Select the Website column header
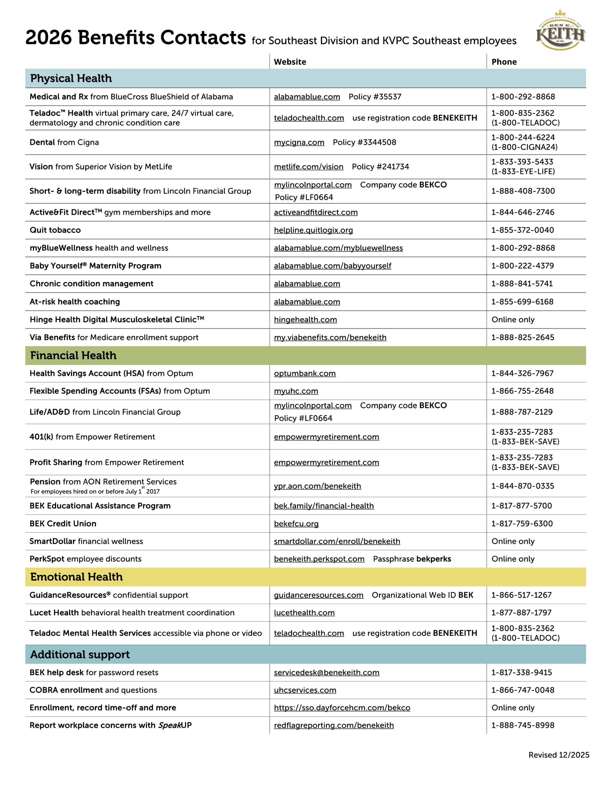pos(290,62)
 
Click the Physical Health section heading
pos(71,78)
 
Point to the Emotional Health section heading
pos(76,577)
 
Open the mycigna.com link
pos(299,142)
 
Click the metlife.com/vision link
pos(308,167)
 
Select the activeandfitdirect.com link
pos(316,212)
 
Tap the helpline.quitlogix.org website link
pos(313,230)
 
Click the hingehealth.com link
pos(305,320)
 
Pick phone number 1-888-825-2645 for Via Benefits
pos(522,337)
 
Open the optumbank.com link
pos(305,373)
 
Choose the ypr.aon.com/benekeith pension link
pos(317,486)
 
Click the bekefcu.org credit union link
pos(296,524)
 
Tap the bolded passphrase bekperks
pos(433,559)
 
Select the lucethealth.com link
pos(304,613)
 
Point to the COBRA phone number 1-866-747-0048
pos(522,690)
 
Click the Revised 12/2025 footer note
pos(558,755)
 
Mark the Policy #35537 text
pos(375,97)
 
